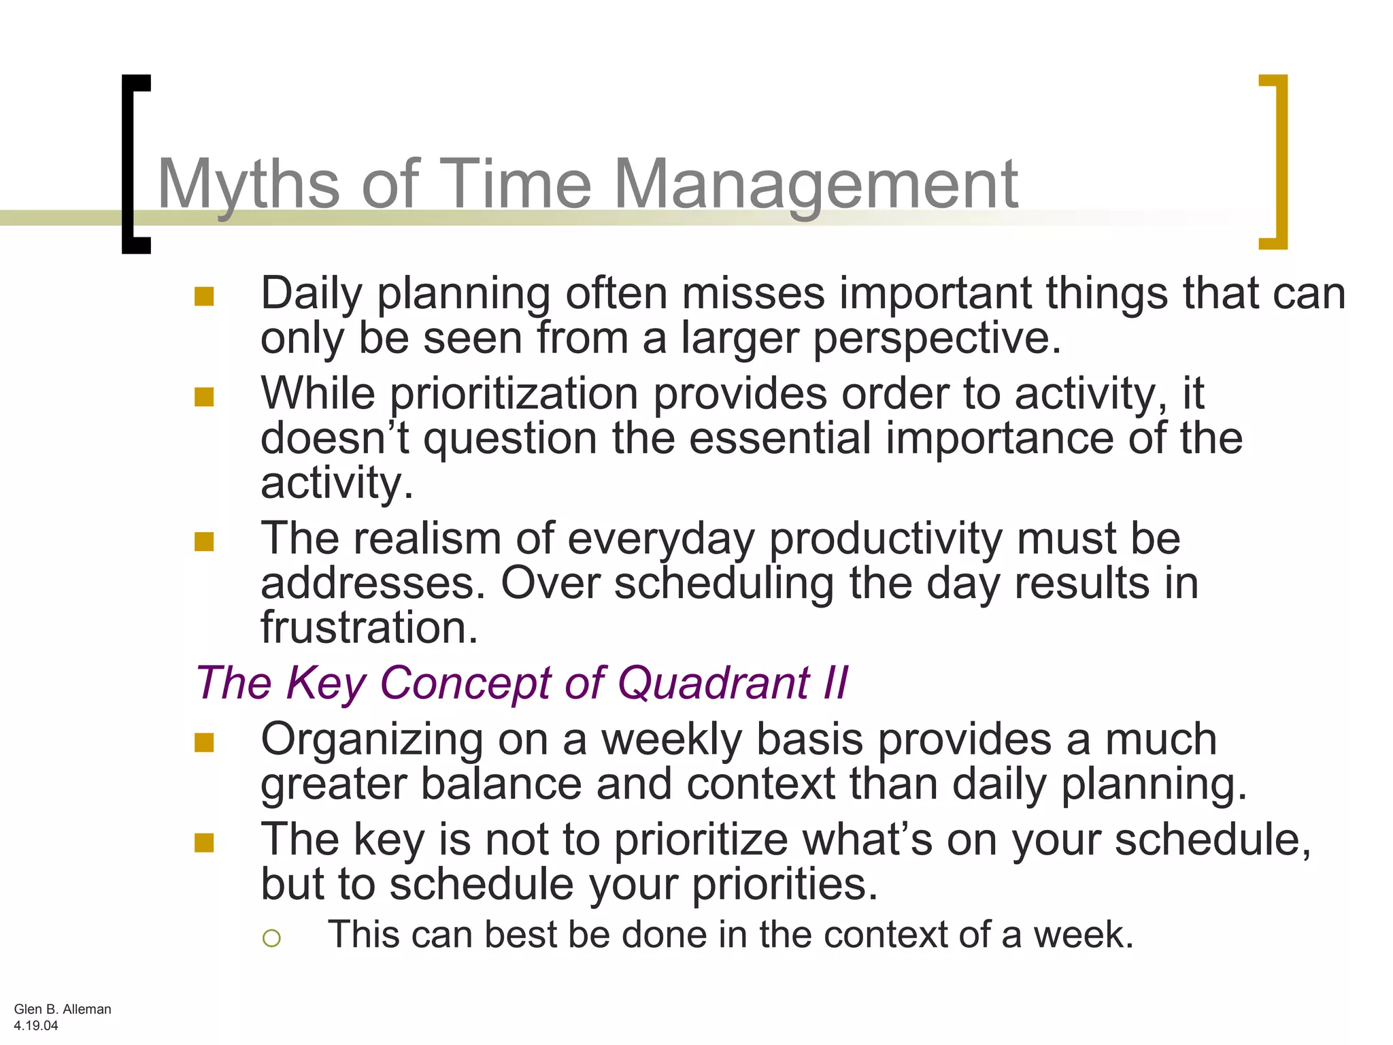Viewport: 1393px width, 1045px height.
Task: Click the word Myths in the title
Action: pyautogui.click(x=248, y=184)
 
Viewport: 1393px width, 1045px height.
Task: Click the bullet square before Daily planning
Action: pyautogui.click(x=204, y=297)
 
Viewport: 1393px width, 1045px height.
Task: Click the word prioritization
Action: pyautogui.click(x=514, y=395)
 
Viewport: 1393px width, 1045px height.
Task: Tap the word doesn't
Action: pyautogui.click(x=335, y=439)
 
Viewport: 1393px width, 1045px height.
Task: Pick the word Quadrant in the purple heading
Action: pyautogui.click(x=714, y=682)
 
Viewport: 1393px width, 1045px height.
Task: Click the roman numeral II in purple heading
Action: pyautogui.click(x=835, y=682)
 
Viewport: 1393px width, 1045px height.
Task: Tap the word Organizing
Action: pyautogui.click(x=371, y=740)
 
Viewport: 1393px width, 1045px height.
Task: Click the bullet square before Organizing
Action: pyautogui.click(x=204, y=742)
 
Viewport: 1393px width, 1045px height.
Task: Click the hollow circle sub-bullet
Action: pyautogui.click(x=271, y=938)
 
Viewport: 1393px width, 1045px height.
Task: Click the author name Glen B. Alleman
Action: pyautogui.click(x=63, y=1009)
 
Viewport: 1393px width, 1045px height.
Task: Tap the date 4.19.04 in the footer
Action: pyautogui.click(x=36, y=1025)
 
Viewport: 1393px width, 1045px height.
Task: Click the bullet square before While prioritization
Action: pyautogui.click(x=204, y=397)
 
